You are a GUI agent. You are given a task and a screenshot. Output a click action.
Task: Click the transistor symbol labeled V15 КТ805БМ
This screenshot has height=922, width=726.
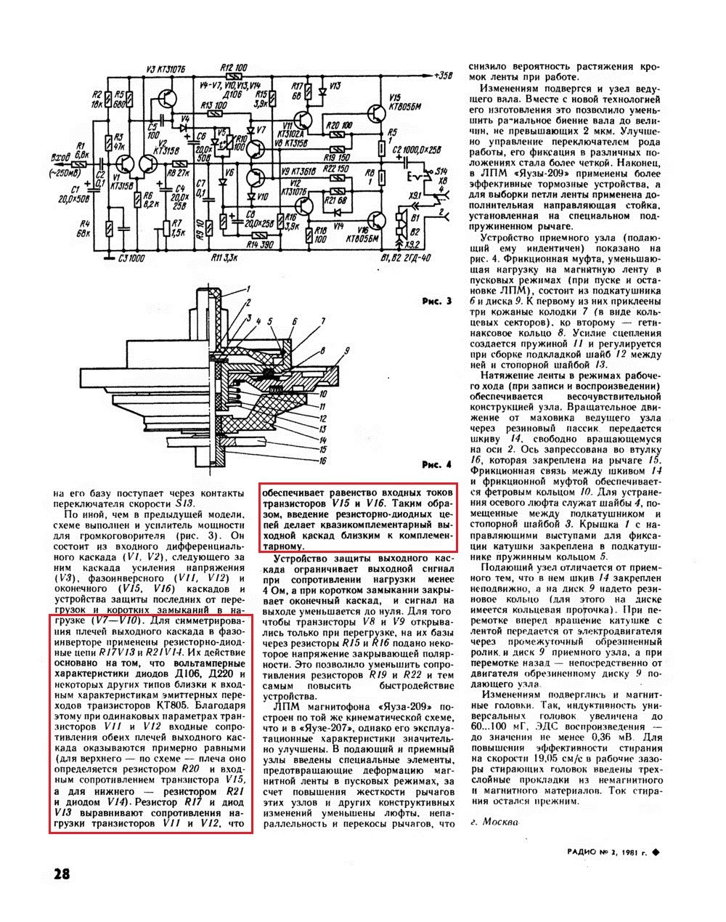(x=377, y=115)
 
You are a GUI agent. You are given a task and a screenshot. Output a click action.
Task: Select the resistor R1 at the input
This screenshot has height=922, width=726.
(x=83, y=164)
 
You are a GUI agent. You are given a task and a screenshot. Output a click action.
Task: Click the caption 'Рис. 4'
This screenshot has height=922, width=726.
(x=436, y=464)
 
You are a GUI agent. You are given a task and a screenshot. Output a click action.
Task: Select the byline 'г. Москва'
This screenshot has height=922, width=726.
(x=496, y=822)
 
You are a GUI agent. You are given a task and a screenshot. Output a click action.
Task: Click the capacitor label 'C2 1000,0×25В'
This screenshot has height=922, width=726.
(x=420, y=150)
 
